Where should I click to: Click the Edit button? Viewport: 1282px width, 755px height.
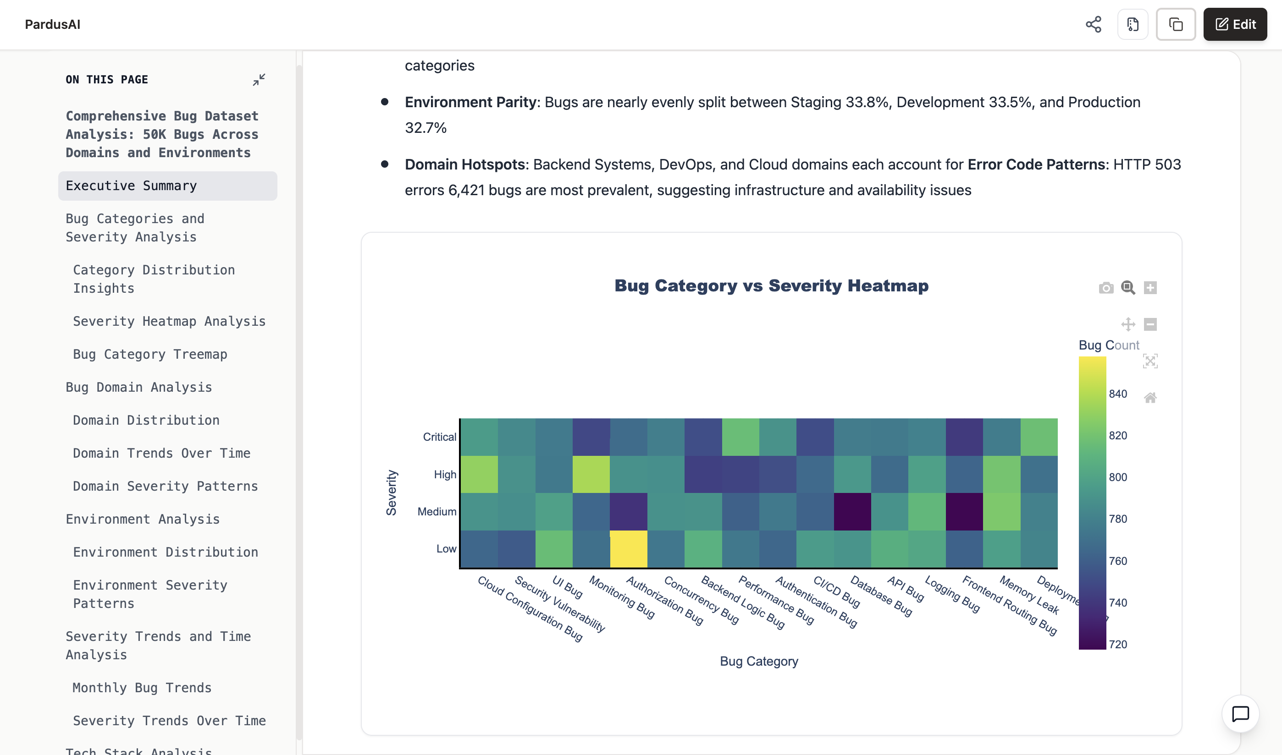pos(1235,24)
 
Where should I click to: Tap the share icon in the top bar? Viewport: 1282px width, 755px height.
pos(1093,24)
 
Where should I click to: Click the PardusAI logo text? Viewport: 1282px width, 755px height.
pos(52,24)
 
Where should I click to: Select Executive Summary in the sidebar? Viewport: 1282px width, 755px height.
pos(131,186)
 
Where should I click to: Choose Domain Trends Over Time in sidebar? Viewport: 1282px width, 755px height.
pos(161,453)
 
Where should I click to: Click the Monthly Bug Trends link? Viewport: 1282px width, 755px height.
pos(142,687)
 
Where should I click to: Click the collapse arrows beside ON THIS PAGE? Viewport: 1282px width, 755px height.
pos(259,80)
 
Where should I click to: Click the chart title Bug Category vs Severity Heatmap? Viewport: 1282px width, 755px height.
pos(771,285)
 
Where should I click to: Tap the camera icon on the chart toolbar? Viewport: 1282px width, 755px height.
pos(1106,288)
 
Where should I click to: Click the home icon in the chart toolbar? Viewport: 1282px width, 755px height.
pos(1150,398)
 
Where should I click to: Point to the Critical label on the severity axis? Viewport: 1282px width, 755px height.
pos(439,437)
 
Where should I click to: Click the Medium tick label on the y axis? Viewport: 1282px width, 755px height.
pos(437,511)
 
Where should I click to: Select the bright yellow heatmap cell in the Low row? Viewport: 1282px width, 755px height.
pos(628,549)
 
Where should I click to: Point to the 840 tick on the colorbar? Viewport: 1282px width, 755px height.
pos(1117,394)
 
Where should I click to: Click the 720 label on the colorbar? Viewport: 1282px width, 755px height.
pos(1117,644)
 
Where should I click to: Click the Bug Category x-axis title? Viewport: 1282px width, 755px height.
pos(759,661)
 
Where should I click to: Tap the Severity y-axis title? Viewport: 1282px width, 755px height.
pos(391,492)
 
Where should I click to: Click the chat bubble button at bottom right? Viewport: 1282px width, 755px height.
pos(1240,714)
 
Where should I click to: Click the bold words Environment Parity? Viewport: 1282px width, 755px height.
pos(470,102)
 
